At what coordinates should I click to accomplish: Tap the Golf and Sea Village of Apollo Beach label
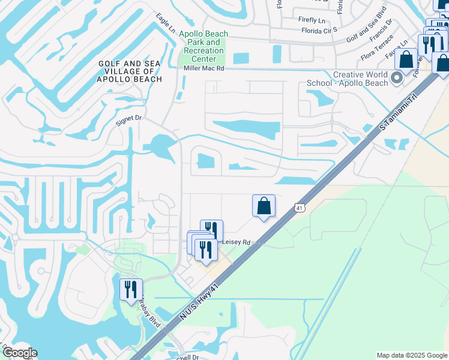tap(130, 71)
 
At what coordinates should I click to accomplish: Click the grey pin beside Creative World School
tap(396, 78)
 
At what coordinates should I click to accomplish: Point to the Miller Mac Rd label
tap(203, 69)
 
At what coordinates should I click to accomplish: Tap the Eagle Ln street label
tap(165, 22)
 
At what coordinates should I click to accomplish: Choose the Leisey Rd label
tap(236, 242)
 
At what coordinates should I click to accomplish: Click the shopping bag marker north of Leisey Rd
tap(264, 206)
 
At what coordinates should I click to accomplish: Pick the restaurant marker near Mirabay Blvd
tap(130, 290)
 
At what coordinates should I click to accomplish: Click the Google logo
tap(19, 353)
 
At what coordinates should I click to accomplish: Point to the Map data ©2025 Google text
tap(411, 355)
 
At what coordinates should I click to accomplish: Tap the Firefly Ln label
tap(313, 19)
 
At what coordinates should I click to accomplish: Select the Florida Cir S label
tap(319, 29)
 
